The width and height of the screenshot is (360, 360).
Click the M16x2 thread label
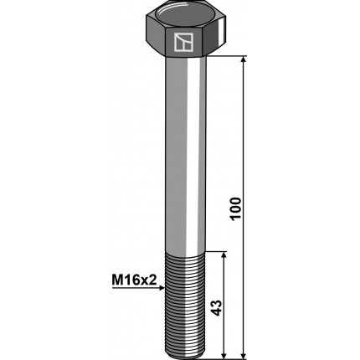click(134, 280)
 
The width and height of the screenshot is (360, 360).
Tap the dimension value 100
click(235, 208)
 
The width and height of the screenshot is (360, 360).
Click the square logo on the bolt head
click(183, 42)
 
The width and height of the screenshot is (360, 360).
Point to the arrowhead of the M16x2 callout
click(162, 288)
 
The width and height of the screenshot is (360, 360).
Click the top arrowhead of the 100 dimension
click(244, 59)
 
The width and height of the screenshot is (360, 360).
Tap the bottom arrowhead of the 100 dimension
click(244, 355)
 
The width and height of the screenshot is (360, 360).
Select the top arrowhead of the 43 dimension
click(224, 255)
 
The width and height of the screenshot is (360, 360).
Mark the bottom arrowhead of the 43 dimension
click(224, 355)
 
